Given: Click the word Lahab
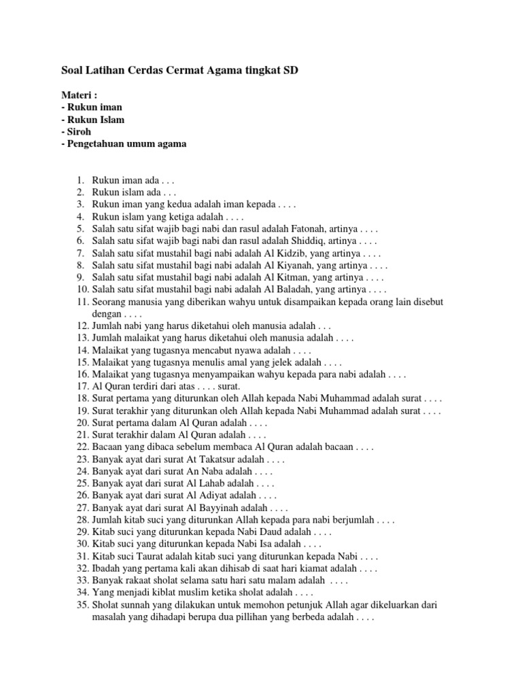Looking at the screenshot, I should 203,483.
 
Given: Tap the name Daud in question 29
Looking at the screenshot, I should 277,532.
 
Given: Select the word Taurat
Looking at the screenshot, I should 144,556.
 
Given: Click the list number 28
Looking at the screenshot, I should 82,519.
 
